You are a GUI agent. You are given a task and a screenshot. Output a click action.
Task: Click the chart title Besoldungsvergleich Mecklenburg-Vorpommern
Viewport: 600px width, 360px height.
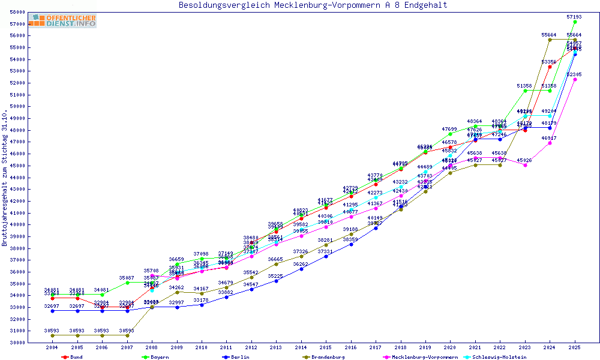click(x=313, y=5)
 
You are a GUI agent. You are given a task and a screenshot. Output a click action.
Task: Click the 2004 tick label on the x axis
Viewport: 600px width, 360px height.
click(x=52, y=347)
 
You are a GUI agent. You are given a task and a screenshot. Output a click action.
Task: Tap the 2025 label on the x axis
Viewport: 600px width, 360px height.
click(x=575, y=347)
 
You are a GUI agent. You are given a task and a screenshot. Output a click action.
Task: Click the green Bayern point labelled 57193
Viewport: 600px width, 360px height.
click(x=575, y=22)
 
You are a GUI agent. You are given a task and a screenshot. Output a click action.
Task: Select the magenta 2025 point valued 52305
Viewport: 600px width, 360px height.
click(x=575, y=79)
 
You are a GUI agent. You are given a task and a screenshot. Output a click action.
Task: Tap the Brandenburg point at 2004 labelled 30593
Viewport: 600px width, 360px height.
click(x=53, y=335)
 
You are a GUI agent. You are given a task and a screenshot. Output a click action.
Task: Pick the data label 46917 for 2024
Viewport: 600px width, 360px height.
click(x=549, y=138)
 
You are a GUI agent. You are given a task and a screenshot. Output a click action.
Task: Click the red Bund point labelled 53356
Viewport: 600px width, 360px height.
click(x=550, y=67)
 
